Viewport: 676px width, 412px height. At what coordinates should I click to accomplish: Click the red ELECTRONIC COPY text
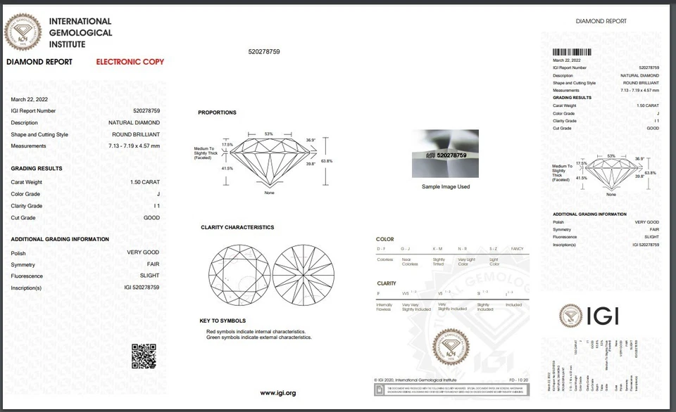coord(130,62)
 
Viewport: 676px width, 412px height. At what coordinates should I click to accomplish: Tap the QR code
coord(143,356)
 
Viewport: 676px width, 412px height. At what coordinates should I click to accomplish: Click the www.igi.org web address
coord(277,392)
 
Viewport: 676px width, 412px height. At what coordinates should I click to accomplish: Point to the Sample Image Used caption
coord(445,186)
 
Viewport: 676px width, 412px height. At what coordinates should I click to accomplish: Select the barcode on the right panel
coord(571,52)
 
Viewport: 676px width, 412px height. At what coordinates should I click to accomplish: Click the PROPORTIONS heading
coord(217,112)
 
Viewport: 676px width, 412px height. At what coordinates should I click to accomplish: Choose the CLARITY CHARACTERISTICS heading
coord(237,227)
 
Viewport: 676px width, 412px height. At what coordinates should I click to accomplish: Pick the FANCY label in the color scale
coord(516,249)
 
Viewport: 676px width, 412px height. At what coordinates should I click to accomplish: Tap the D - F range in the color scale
coord(381,249)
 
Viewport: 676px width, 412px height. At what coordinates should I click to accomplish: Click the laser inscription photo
coord(445,153)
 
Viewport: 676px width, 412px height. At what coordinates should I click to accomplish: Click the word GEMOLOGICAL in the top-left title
coord(80,33)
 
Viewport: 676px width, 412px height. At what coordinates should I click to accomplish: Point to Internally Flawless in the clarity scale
coord(384,307)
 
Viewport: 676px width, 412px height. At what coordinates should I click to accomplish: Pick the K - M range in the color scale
coord(437,249)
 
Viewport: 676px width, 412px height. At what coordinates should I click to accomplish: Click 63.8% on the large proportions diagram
coord(326,161)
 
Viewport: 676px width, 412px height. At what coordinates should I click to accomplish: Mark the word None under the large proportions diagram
coord(269,193)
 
